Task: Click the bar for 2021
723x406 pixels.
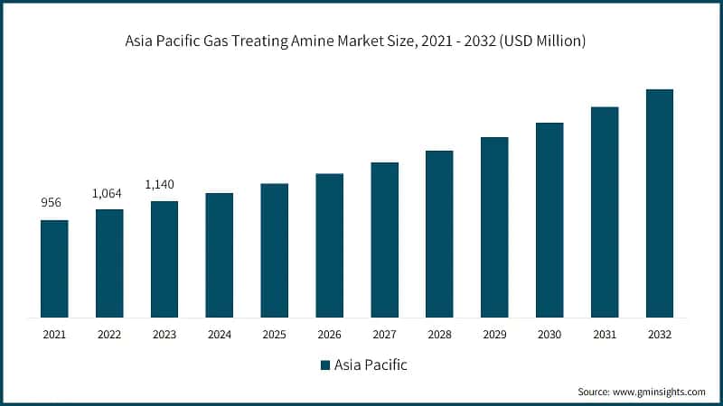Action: point(54,269)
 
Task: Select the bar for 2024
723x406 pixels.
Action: point(219,255)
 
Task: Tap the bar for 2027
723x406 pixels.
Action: point(384,240)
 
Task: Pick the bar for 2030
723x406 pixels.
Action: point(549,220)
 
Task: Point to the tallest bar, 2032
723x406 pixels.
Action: point(660,203)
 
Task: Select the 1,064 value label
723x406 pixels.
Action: point(109,193)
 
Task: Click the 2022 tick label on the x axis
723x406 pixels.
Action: point(109,335)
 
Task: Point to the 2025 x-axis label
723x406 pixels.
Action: point(274,335)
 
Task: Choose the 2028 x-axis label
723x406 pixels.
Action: point(439,335)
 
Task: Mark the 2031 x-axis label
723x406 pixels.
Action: point(605,335)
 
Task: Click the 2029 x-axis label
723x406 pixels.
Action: point(494,335)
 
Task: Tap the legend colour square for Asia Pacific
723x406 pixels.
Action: point(324,365)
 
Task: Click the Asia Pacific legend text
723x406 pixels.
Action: point(370,365)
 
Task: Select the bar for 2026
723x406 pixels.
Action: point(329,245)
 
